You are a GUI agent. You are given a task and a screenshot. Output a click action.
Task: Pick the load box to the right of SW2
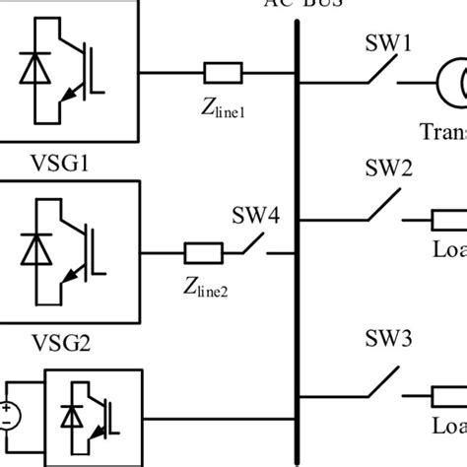[448, 219]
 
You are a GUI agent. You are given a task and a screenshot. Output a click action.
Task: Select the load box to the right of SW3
[448, 399]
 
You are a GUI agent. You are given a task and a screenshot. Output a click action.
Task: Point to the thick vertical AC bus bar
[296, 236]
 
